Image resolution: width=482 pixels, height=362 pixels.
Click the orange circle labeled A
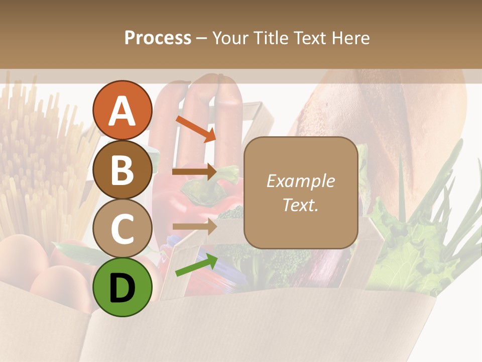(123, 110)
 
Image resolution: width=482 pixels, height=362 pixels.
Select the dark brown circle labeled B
(123, 169)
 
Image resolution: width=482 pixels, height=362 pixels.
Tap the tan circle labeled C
(123, 228)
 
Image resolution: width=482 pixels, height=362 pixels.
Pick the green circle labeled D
(123, 287)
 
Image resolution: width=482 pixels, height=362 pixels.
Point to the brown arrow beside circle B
(194, 172)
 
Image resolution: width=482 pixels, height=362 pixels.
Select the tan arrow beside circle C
(194, 227)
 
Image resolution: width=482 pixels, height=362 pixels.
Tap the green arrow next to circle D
(196, 265)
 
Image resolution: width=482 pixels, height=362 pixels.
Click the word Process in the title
(158, 38)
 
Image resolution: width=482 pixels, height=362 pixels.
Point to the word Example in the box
(300, 182)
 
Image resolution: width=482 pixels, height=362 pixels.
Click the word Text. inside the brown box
(300, 205)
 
